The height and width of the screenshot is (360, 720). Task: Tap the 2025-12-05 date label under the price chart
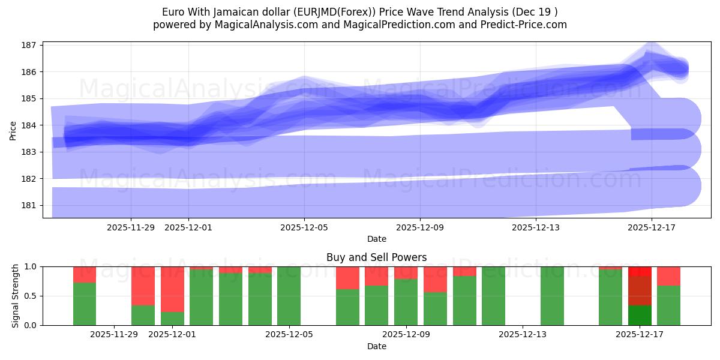coord(304,227)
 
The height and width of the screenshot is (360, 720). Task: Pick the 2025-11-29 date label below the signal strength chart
coord(114,335)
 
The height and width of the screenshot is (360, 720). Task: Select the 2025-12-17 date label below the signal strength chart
coord(639,335)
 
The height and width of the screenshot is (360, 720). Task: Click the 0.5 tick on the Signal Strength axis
coord(31,296)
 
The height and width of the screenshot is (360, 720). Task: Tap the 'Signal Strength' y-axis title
coord(16,296)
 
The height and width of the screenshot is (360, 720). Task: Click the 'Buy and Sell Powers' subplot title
coord(376,257)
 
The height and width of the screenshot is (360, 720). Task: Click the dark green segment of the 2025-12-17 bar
coord(640,315)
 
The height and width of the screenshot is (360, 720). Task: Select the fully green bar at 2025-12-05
coord(289,296)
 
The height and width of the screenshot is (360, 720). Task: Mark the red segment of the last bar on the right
coord(668,276)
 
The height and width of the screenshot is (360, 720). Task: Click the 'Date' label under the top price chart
coord(376,239)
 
